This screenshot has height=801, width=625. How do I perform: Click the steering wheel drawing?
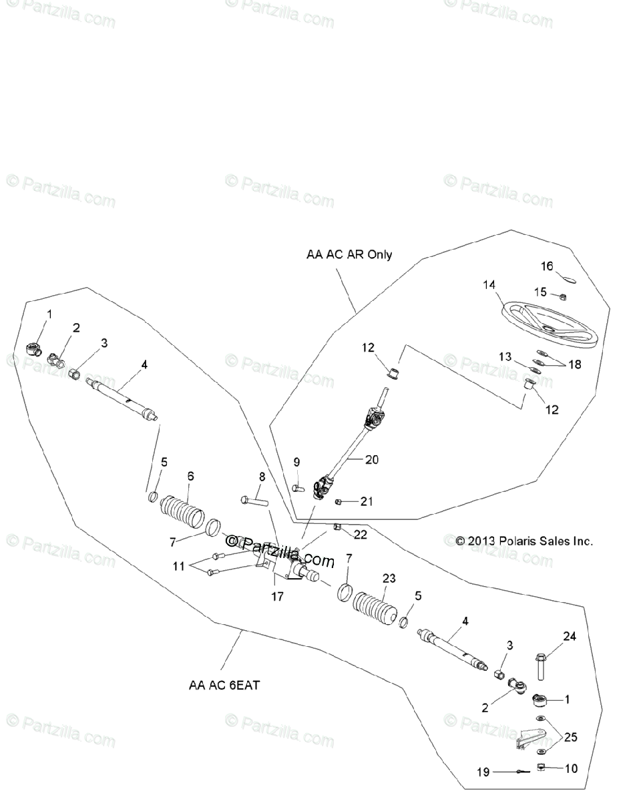point(551,324)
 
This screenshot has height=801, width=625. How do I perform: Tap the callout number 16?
point(547,266)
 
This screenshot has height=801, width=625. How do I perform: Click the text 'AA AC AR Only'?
point(349,254)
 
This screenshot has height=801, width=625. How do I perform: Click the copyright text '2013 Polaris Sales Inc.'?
point(524,541)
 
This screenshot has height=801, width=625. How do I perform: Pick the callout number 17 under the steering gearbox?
point(277,597)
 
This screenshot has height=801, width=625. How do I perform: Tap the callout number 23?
point(389,577)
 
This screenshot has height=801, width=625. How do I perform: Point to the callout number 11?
point(177,567)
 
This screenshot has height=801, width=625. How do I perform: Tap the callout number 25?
point(571,738)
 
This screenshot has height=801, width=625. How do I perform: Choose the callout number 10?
point(571,768)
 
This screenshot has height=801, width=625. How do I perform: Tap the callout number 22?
point(361,534)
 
